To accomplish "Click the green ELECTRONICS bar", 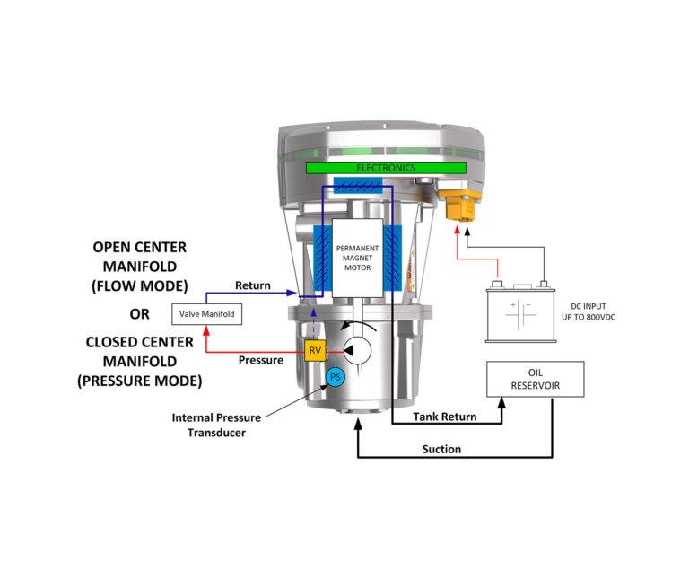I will click(386, 168).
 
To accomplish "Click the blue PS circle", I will click(335, 377).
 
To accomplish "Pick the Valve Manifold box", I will click(207, 315).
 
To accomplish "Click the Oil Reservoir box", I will click(535, 380).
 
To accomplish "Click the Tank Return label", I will click(443, 417).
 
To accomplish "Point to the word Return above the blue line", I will click(253, 285).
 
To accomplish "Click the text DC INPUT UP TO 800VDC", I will click(597, 312).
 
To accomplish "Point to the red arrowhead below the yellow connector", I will click(458, 229).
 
